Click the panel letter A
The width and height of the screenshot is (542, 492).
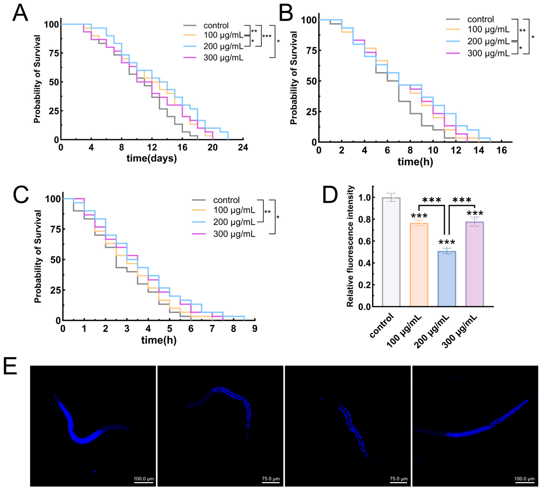20,13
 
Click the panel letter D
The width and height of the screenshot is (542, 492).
330,195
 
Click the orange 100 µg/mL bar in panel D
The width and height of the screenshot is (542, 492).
419,265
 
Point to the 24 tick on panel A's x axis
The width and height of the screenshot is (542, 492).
243,147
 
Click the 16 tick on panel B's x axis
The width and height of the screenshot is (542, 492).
501,150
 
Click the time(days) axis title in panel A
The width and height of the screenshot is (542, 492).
152,158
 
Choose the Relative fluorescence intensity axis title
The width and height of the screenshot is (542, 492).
350,246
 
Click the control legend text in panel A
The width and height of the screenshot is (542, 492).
216,26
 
